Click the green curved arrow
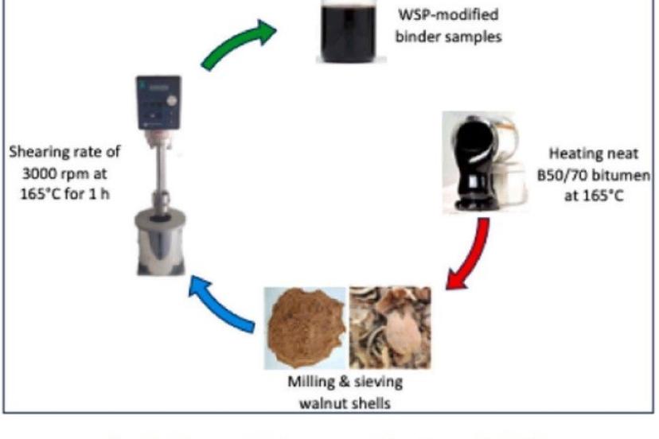(236, 49)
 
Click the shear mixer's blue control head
(158, 103)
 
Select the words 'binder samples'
(453, 37)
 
